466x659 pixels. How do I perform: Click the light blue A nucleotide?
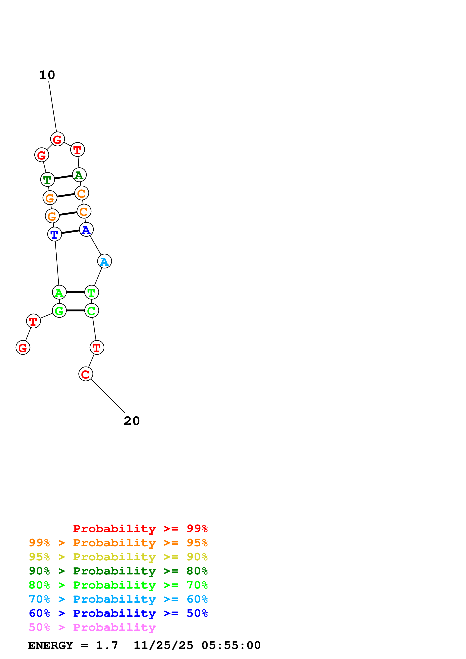pyautogui.click(x=105, y=261)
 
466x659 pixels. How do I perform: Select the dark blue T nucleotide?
pyautogui.click(x=55, y=234)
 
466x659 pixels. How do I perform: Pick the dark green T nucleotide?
pyautogui.click(x=47, y=180)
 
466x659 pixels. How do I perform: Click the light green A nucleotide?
pyautogui.click(x=59, y=292)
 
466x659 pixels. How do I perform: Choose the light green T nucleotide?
pyautogui.click(x=92, y=292)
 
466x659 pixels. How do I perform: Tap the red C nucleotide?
pyautogui.click(x=86, y=374)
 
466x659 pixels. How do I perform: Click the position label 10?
pyautogui.click(x=47, y=75)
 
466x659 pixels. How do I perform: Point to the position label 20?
pyautogui.click(x=132, y=421)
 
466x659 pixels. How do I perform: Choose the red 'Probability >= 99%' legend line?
pyautogui.click(x=140, y=528)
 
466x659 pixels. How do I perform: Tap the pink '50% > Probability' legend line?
pyautogui.click(x=92, y=627)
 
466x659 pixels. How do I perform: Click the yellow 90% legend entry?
pyautogui.click(x=118, y=557)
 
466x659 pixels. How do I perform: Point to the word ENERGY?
pyautogui.click(x=51, y=645)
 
